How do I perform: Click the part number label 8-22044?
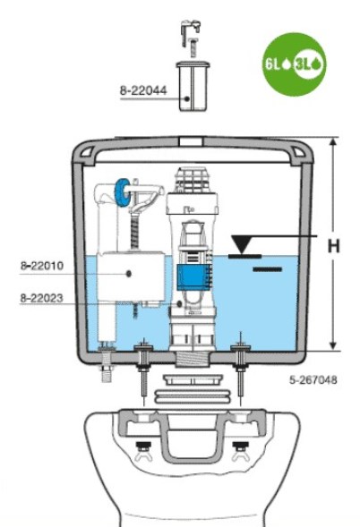click(x=143, y=90)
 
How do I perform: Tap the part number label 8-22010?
click(x=42, y=266)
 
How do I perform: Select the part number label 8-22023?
click(x=42, y=298)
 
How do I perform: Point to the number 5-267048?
click(x=313, y=379)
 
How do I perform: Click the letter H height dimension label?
click(x=334, y=246)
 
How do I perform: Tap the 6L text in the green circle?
click(x=272, y=64)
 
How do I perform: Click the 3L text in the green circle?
click(x=303, y=64)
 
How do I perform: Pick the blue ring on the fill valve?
click(x=122, y=191)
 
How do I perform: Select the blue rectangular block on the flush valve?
click(x=193, y=277)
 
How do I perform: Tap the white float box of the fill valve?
click(x=131, y=276)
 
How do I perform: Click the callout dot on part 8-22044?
click(x=187, y=98)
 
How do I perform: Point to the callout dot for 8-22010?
click(x=129, y=274)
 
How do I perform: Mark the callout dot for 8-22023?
click(x=179, y=304)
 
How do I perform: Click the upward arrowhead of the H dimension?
click(x=333, y=142)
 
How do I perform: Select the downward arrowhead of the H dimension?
click(x=333, y=346)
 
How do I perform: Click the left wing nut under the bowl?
click(x=143, y=453)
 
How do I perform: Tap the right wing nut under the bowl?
click(x=241, y=453)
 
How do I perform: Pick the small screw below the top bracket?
click(x=193, y=47)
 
